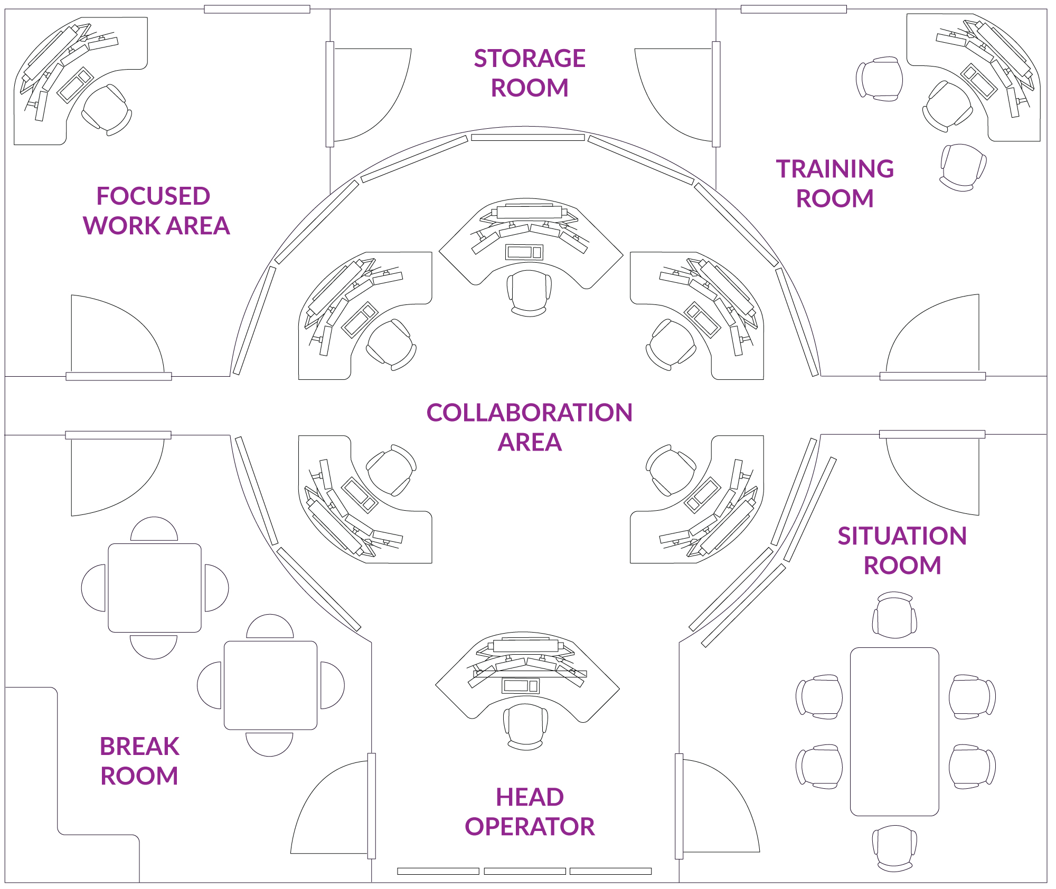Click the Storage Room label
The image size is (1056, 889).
(529, 73)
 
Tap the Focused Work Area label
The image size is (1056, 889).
(156, 211)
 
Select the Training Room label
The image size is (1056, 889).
(835, 184)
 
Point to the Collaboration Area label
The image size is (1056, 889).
(529, 427)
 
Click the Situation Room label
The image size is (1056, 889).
(902, 550)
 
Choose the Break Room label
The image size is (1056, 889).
(139, 761)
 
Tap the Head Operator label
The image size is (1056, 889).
(529, 811)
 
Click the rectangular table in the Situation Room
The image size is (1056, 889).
(894, 731)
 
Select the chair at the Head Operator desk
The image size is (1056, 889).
(525, 727)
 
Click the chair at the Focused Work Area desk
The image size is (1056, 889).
(107, 110)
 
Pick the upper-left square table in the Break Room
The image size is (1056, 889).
(154, 588)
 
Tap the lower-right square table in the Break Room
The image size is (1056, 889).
(270, 685)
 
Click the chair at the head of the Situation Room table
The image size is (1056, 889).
(894, 615)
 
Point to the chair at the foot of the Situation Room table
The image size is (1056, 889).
(894, 848)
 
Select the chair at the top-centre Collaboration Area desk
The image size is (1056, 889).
(529, 293)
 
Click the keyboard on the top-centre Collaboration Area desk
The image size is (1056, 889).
(524, 252)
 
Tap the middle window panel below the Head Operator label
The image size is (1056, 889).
(525, 871)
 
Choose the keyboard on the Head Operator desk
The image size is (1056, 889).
(520, 686)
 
